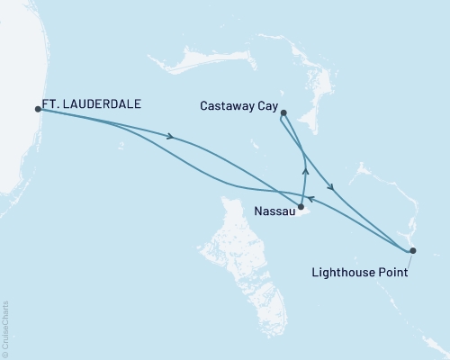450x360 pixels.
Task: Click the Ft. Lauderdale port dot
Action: (x=38, y=109)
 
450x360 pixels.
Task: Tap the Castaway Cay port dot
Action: (x=283, y=112)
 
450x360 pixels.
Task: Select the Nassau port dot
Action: (x=301, y=208)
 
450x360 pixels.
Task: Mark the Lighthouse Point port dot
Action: (x=412, y=250)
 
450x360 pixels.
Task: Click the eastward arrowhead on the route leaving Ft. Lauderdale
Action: (x=168, y=137)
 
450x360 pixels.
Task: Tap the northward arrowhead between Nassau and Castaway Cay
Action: (x=305, y=168)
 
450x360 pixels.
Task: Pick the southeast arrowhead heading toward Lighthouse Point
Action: (x=332, y=187)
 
